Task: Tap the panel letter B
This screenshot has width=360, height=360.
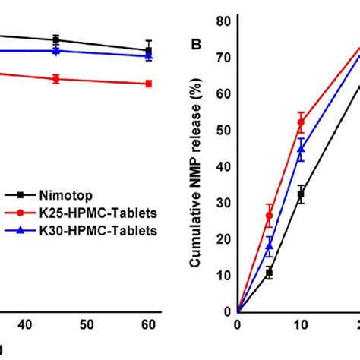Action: pyautogui.click(x=195, y=44)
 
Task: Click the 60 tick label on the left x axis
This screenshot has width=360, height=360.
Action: pyautogui.click(x=148, y=325)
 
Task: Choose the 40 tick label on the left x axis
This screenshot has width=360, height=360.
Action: pyautogui.click(x=24, y=325)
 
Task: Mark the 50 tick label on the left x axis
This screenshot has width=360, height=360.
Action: pyautogui.click(x=87, y=325)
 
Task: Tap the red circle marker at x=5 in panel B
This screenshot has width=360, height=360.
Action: pyautogui.click(x=270, y=216)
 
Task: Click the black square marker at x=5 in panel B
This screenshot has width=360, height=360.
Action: pyautogui.click(x=270, y=272)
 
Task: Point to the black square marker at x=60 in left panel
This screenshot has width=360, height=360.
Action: pyautogui.click(x=149, y=51)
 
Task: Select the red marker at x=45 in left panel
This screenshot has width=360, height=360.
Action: pyautogui.click(x=56, y=78)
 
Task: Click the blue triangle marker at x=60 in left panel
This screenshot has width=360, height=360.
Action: pyautogui.click(x=149, y=56)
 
